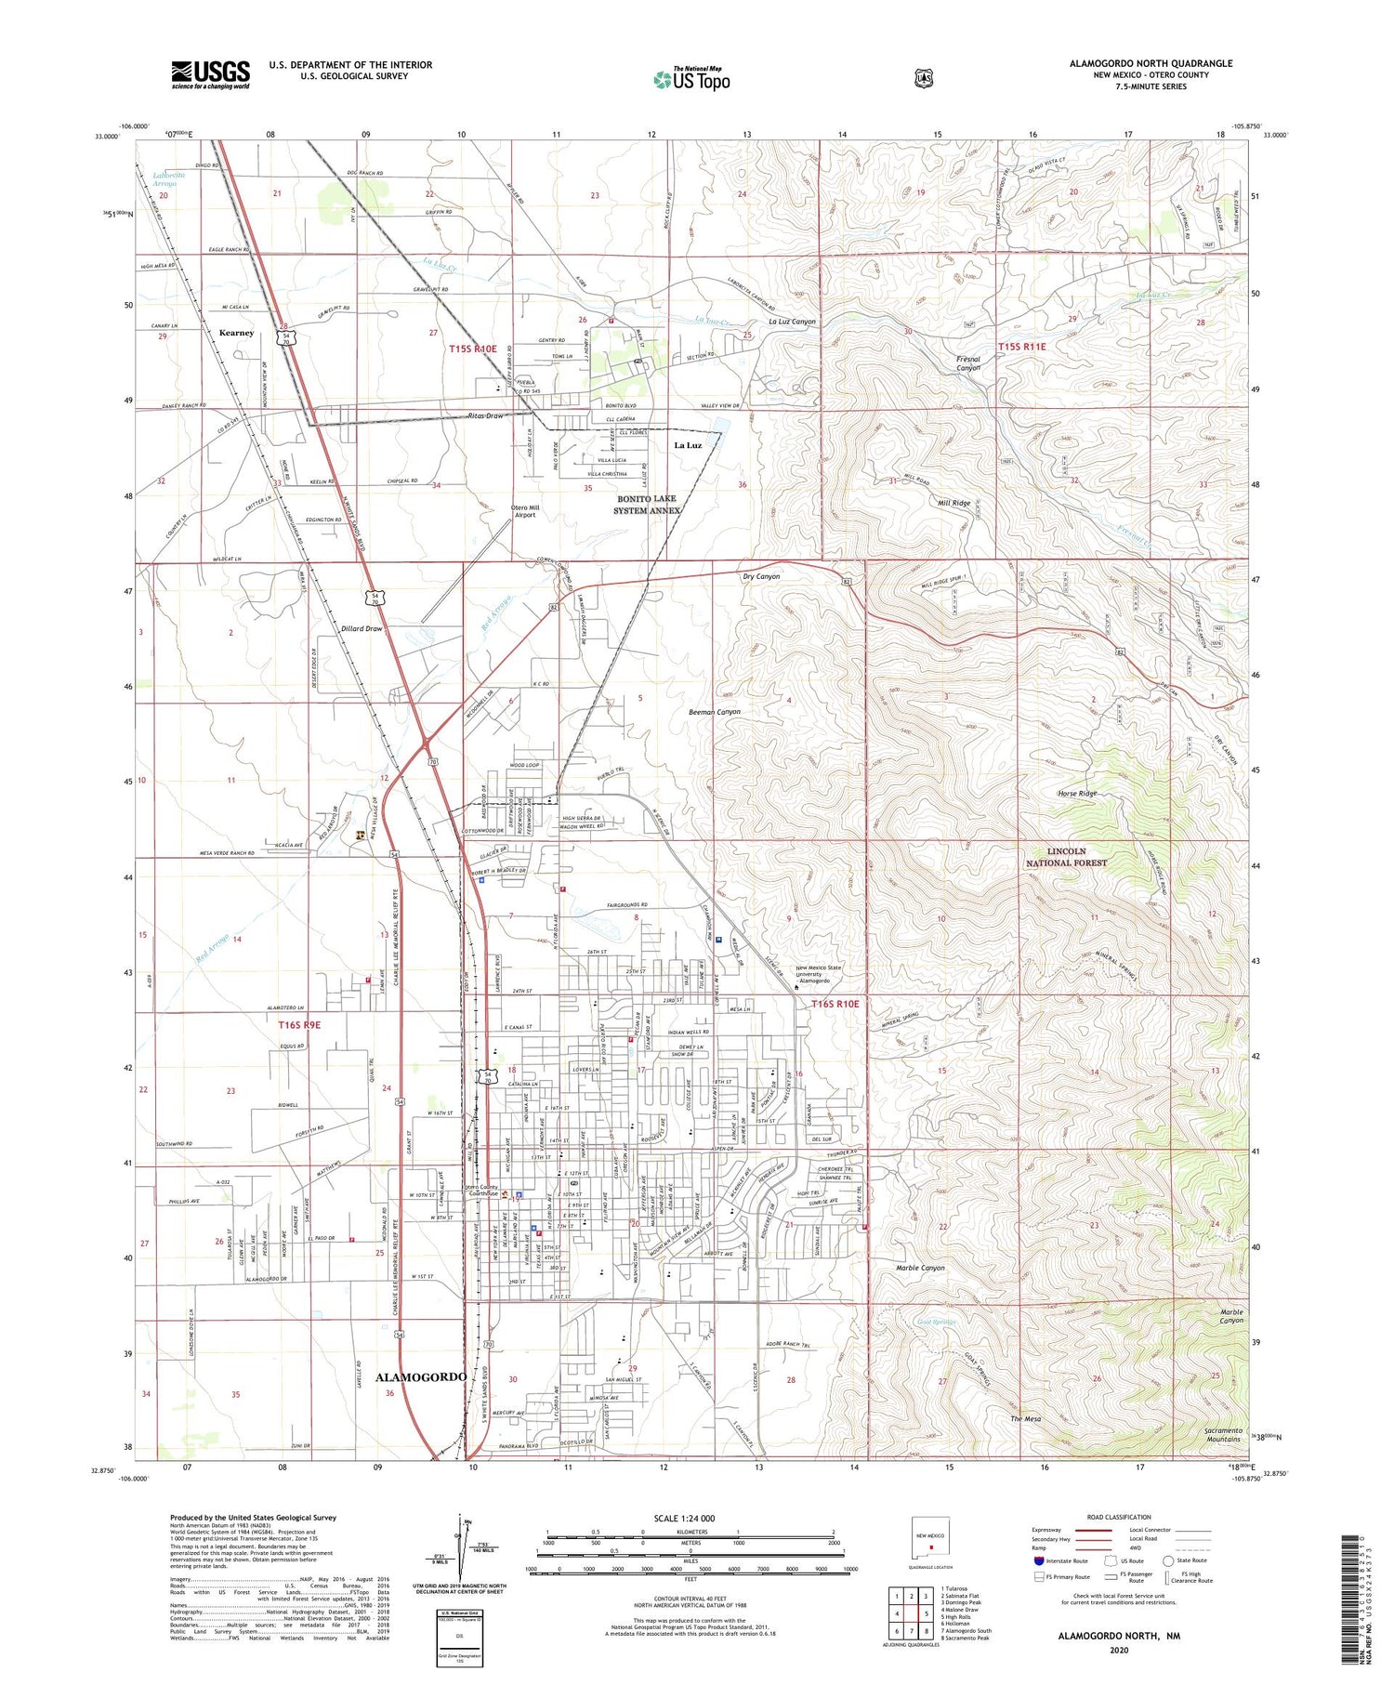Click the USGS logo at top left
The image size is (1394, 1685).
(x=210, y=74)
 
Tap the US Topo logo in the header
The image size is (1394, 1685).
(x=691, y=79)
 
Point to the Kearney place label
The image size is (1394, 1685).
(x=236, y=333)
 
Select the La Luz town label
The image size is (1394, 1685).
(x=688, y=445)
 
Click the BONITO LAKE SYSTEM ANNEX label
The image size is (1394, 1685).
(x=647, y=505)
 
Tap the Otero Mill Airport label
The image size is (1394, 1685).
(x=525, y=510)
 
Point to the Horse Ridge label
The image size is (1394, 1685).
(x=1077, y=793)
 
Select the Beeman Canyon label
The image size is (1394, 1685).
(x=714, y=712)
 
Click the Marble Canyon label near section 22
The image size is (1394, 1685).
(x=920, y=1268)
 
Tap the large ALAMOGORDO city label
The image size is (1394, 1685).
(x=420, y=1376)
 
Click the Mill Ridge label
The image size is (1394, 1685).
(x=953, y=503)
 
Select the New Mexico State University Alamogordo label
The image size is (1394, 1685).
(x=818, y=974)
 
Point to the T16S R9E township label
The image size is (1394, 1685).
(x=299, y=1024)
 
